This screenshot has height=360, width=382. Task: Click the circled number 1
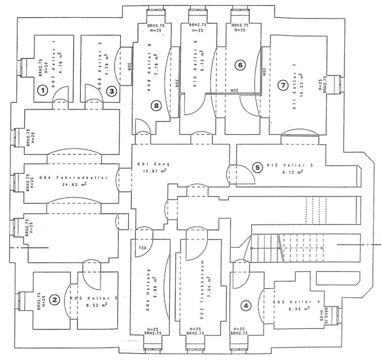43,90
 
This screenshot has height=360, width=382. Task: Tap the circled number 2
54,300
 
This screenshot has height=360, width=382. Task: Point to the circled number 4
246,306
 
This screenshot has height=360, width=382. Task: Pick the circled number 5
258,168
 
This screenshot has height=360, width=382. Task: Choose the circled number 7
282,85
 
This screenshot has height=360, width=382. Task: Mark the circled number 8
156,105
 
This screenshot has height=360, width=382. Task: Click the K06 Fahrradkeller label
73,178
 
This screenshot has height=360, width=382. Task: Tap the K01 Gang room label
153,164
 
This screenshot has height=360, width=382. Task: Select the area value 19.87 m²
155,171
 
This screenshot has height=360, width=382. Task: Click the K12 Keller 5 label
286,165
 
